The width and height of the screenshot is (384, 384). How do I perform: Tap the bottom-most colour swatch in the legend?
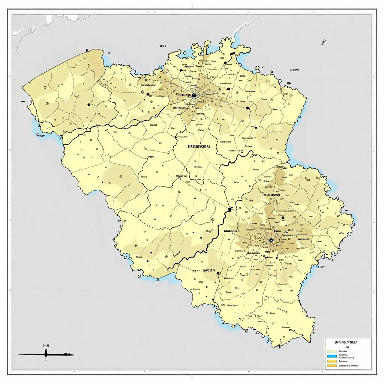point(332,365)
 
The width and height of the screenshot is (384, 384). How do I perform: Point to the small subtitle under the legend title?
point(347,347)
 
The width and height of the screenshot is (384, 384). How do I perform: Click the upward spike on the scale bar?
point(46,351)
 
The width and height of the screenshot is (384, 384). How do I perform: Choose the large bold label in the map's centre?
point(198,147)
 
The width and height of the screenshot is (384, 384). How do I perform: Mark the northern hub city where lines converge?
point(194,95)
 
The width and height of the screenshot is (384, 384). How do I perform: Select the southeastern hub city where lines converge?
point(271,240)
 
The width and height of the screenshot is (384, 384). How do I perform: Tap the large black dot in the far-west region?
point(88,105)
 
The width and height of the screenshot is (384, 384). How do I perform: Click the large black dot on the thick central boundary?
point(229,209)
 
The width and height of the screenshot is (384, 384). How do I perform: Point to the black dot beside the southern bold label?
point(218,273)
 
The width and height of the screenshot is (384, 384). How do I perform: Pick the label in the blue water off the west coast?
point(41,136)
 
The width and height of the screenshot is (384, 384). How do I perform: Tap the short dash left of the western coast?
point(23,101)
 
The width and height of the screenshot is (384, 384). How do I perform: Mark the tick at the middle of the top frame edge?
point(192,7)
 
